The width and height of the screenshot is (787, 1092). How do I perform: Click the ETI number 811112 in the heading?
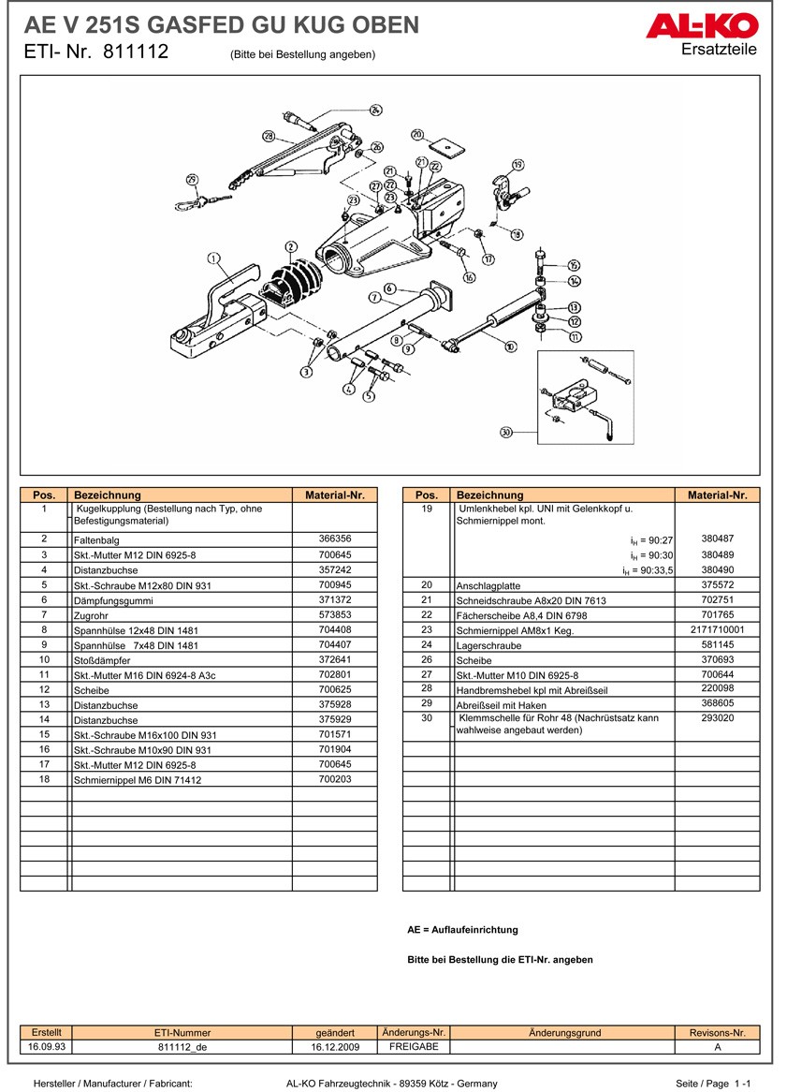pyautogui.click(x=136, y=52)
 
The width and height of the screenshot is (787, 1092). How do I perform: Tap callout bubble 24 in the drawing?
pyautogui.click(x=376, y=111)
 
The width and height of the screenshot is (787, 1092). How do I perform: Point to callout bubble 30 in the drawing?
pyautogui.click(x=506, y=433)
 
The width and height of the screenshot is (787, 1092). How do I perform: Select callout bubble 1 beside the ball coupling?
pyautogui.click(x=212, y=258)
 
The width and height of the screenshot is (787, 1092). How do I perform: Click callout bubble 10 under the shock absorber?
pyautogui.click(x=510, y=347)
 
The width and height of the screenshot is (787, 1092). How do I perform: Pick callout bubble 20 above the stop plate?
pyautogui.click(x=417, y=134)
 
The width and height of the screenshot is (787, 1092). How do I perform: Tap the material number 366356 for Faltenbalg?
pyautogui.click(x=334, y=539)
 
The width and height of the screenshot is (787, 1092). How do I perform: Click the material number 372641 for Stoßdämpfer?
pyautogui.click(x=334, y=659)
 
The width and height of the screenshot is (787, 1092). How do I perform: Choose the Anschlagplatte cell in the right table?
pyautogui.click(x=488, y=585)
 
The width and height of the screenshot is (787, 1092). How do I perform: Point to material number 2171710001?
pyautogui.click(x=717, y=630)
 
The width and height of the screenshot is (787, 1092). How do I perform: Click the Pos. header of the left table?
pyautogui.click(x=44, y=494)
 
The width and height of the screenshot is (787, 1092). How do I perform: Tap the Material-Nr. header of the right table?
pyautogui.click(x=717, y=494)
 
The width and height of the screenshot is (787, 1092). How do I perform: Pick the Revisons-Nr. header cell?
pyautogui.click(x=717, y=1033)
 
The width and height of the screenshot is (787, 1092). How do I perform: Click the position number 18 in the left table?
pyautogui.click(x=44, y=779)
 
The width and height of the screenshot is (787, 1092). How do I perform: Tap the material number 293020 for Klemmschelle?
pyautogui.click(x=717, y=718)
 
